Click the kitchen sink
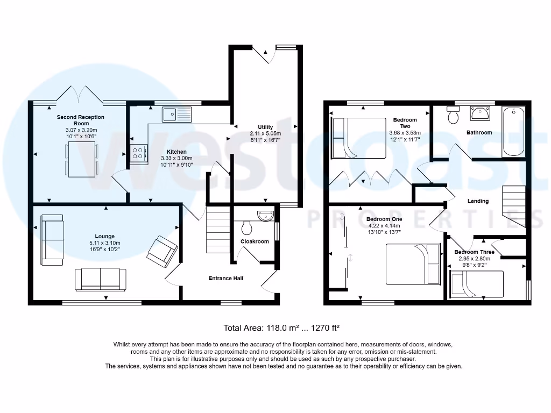176,114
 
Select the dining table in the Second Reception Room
82,160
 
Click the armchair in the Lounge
162,252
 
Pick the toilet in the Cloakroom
247,228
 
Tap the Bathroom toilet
453,115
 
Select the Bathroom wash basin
480,113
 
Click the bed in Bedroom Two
359,138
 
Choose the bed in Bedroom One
413,264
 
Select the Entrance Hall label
226,278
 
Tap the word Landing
478,201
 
